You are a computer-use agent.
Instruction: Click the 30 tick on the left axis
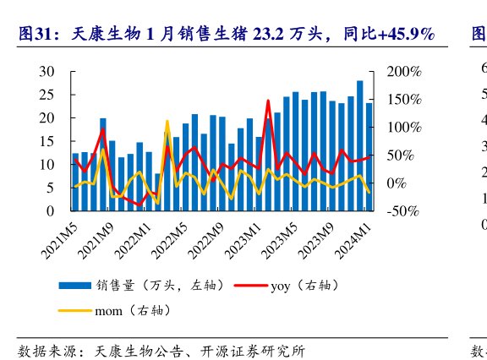click(49, 72)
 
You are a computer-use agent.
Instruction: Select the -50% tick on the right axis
click(403, 210)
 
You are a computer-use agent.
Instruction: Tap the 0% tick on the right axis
click(397, 183)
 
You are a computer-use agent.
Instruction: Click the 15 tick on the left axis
click(49, 141)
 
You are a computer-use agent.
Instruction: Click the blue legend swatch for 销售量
click(74, 286)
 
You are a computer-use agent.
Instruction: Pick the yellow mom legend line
click(74, 311)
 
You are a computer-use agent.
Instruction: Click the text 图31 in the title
click(36, 34)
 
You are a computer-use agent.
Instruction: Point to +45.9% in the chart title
click(406, 34)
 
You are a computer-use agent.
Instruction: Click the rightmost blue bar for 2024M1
click(369, 157)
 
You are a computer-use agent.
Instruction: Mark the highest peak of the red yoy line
click(268, 101)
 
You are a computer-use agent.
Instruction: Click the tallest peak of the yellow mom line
click(167, 122)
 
